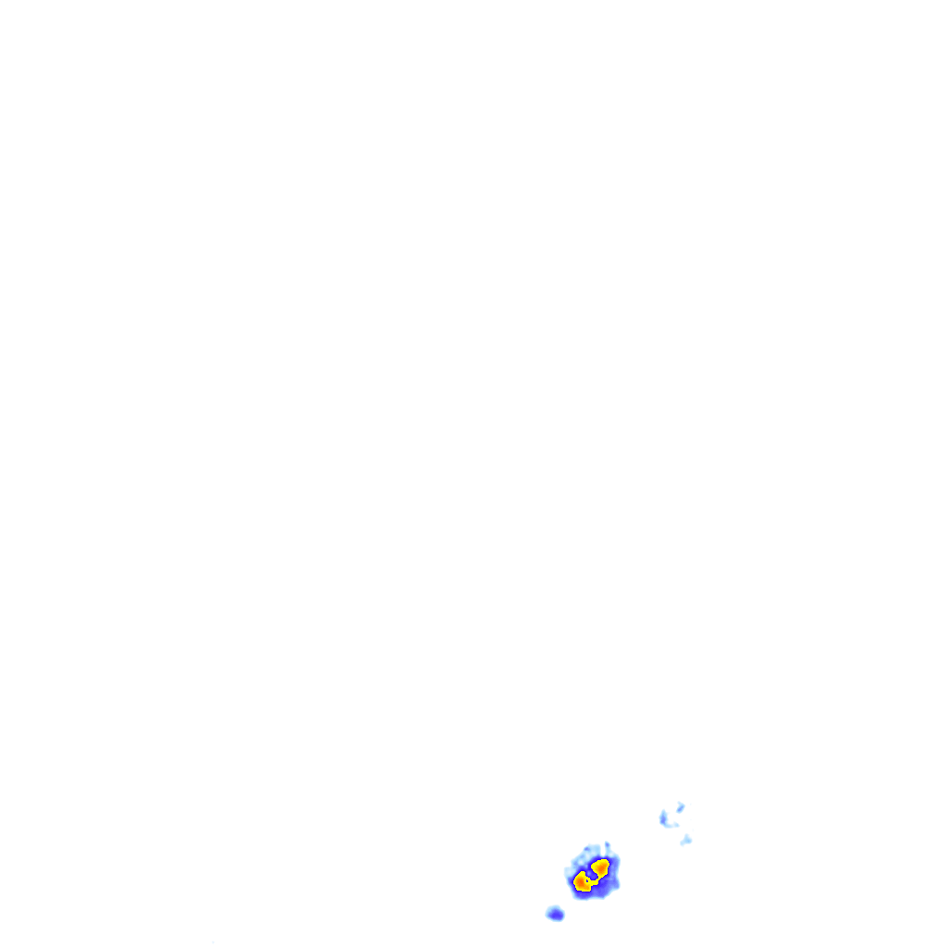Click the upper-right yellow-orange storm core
click(600, 867)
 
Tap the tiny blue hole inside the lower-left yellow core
click(587, 879)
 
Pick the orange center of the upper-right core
click(601, 867)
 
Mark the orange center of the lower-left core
click(581, 883)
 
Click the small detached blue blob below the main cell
click(555, 914)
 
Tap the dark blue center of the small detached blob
click(556, 915)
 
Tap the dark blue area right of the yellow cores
click(612, 877)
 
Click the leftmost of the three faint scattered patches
click(663, 818)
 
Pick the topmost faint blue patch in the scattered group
click(680, 806)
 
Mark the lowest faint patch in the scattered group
click(685, 840)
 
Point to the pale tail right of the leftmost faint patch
click(674, 824)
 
